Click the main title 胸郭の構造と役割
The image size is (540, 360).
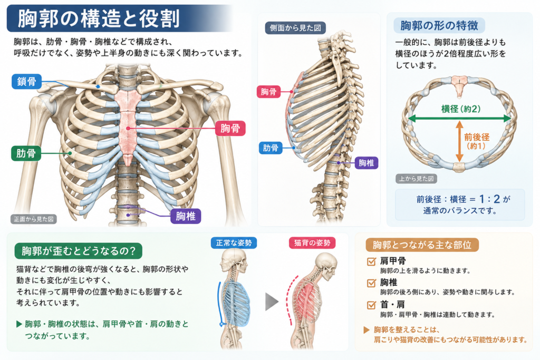click(99, 18)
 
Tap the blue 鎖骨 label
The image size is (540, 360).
click(26, 82)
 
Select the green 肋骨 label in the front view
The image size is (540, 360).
click(26, 153)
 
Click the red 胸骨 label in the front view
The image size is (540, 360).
click(230, 129)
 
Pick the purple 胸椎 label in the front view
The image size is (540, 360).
click(186, 216)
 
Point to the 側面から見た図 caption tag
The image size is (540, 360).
click(295, 28)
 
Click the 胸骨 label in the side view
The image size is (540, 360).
click(268, 92)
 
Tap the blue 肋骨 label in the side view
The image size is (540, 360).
click(271, 148)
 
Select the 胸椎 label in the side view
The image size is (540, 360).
click(366, 163)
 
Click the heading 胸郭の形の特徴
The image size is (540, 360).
click(439, 25)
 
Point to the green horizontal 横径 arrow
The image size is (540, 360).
click(460, 119)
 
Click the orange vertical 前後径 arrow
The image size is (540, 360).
click(459, 141)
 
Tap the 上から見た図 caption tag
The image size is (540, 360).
click(416, 179)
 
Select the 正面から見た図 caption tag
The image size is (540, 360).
click(33, 219)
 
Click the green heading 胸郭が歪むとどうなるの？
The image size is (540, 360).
click(79, 251)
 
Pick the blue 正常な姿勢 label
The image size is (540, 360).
click(234, 243)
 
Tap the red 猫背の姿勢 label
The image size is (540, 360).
click(312, 243)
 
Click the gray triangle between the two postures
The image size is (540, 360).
click(271, 302)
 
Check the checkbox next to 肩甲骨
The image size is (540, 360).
click(371, 261)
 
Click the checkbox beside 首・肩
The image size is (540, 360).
click(371, 305)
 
